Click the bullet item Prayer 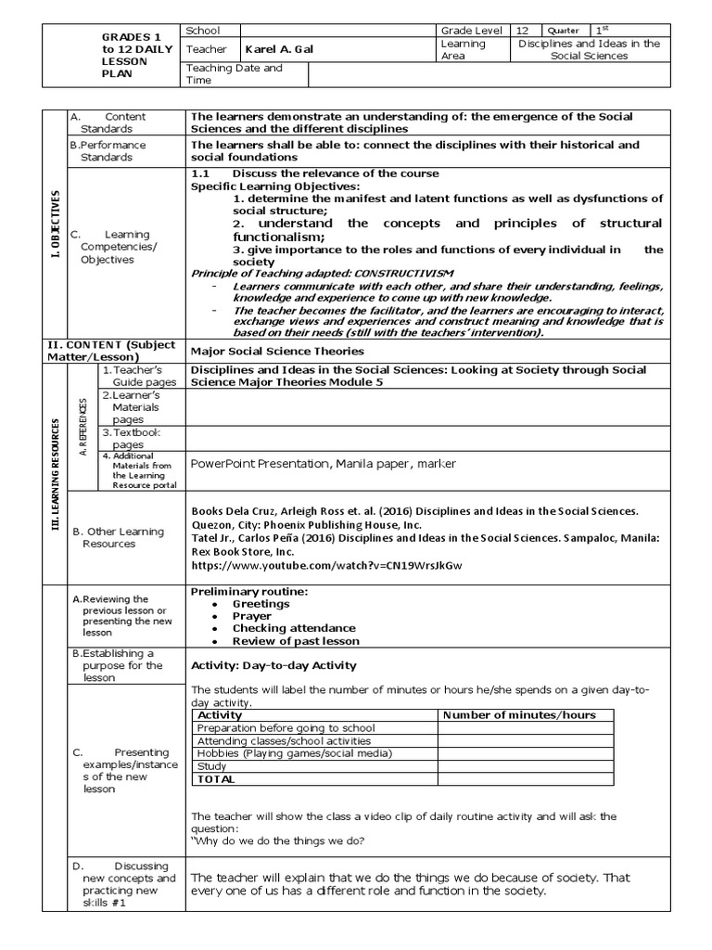point(252,616)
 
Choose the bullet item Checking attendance point(281,628)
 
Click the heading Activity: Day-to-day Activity point(273,665)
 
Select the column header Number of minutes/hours point(519,715)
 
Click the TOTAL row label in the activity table point(216,779)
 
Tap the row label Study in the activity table point(212,766)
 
